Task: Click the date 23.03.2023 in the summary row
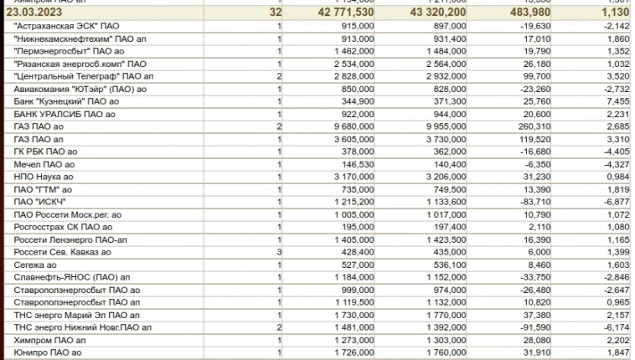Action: [x=34, y=13]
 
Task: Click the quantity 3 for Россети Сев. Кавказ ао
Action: [x=277, y=251]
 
